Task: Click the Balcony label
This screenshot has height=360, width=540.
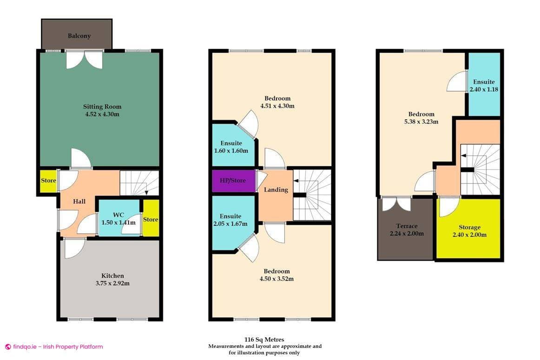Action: coord(79,36)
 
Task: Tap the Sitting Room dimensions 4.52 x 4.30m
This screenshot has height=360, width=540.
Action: coord(99,114)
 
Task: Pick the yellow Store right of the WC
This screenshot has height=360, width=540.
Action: coord(151,219)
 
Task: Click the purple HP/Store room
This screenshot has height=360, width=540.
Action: coord(233,180)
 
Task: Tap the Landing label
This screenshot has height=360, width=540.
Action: coord(276,190)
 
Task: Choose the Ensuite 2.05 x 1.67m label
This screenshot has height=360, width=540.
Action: coord(230,220)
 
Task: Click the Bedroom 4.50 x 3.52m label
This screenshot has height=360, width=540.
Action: coord(277,275)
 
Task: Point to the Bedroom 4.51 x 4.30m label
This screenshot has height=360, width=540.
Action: coord(277,102)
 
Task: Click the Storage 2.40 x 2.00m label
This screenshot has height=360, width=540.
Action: coord(469,231)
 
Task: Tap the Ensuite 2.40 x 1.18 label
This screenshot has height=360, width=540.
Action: coord(484,85)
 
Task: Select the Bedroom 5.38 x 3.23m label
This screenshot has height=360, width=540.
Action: coord(421,118)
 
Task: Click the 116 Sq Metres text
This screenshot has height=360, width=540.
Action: coord(264,340)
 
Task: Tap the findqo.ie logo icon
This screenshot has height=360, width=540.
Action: coord(7,347)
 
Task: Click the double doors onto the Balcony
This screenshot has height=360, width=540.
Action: coord(84,59)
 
